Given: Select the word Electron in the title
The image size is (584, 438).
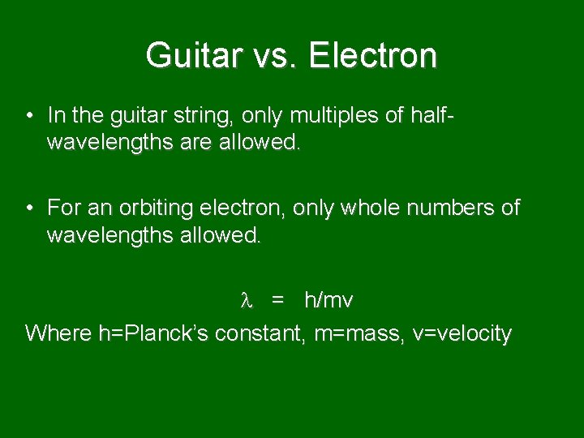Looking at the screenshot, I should click(373, 55).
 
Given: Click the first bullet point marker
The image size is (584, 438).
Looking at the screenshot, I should click(28, 115).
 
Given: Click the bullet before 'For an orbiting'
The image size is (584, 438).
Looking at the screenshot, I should click(28, 208).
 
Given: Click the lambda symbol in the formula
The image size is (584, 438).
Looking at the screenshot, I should click(247, 301).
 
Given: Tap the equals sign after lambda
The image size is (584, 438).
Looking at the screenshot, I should click(278, 301).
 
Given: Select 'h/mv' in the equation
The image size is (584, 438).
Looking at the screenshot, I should click(328, 301).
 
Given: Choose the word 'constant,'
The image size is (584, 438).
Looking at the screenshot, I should click(260, 333).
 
